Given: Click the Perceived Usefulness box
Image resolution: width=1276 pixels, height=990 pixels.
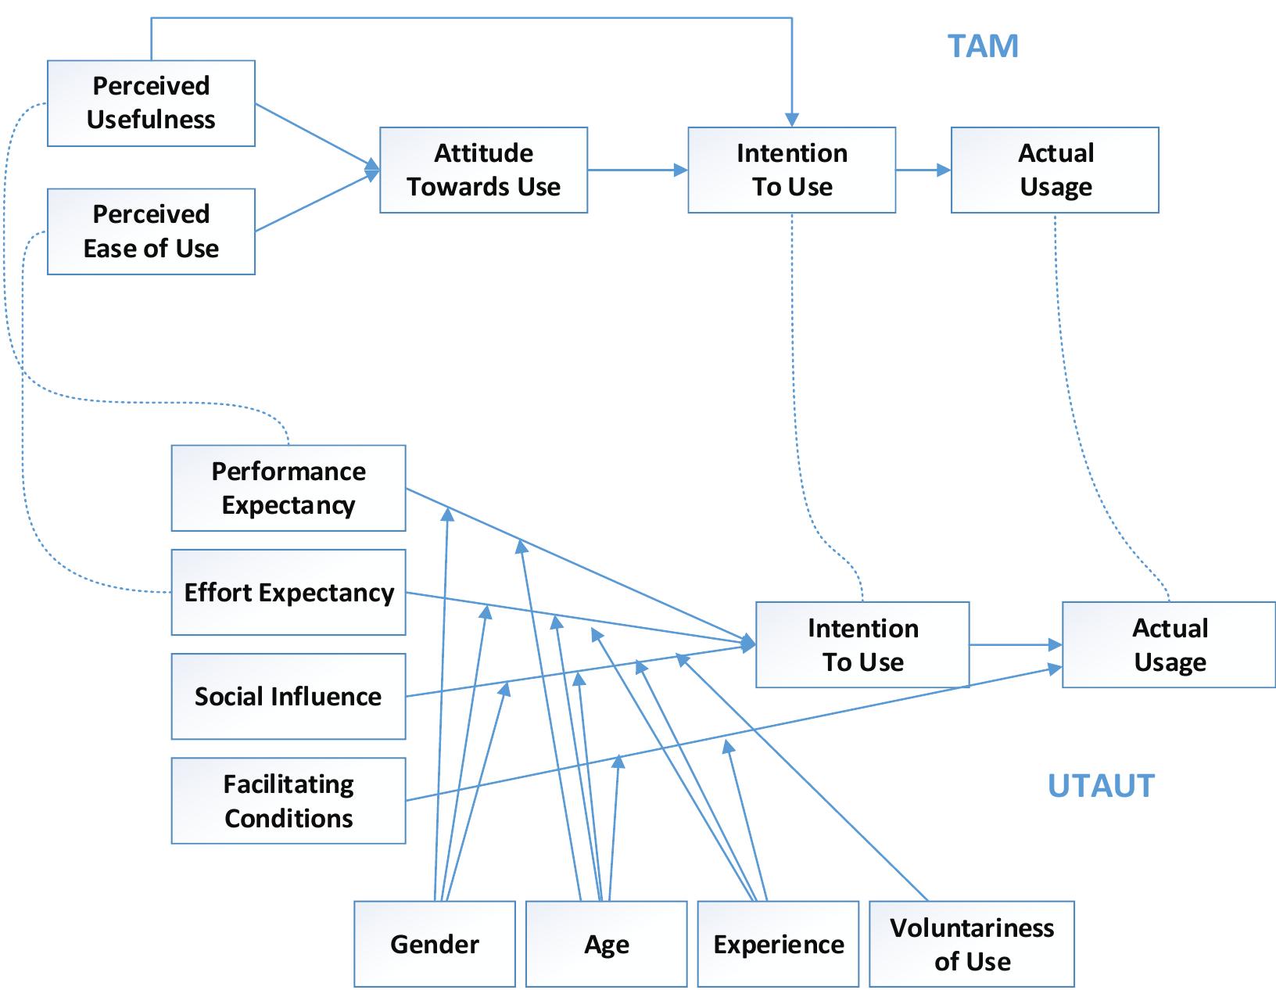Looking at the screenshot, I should pos(151,103).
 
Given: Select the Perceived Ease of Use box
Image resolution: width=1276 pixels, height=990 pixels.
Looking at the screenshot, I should pos(151,231).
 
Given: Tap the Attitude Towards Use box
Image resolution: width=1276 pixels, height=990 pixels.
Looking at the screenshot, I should pos(483,170).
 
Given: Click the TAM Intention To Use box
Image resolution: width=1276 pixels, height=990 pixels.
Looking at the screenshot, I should pos(791,170).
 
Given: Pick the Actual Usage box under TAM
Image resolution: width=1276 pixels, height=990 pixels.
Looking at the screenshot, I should pos(1055,170).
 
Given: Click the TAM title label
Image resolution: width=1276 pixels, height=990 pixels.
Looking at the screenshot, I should pos(983,46).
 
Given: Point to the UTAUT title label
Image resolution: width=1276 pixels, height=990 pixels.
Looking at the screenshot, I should pos(1101,786).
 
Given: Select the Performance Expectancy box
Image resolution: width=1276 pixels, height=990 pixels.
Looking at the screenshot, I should pos(289,489).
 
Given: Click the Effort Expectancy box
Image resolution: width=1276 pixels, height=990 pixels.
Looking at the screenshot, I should pos(289,593).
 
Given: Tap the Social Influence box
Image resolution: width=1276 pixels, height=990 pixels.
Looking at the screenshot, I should pos(289,697).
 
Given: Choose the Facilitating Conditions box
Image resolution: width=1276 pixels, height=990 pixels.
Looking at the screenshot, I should pos(289,801).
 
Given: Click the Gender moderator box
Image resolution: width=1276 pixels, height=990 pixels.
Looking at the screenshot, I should pos(435,945).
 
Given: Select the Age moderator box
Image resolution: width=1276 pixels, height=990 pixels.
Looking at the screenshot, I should pos(607,945).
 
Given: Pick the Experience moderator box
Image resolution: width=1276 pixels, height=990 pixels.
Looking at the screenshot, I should pos(779,945).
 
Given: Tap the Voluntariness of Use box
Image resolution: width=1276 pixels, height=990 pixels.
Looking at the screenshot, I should pos(972,945).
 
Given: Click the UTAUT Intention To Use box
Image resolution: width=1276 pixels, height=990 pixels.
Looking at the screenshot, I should pos(862,645).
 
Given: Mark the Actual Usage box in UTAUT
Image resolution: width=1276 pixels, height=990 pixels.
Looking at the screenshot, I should pos(1169,645).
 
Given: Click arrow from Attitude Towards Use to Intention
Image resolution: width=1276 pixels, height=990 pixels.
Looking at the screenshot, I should pos(637,170).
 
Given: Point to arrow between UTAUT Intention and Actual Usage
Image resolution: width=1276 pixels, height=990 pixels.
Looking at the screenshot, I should pos(1015,645).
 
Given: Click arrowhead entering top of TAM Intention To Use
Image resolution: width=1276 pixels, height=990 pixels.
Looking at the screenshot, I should pos(792,119).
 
